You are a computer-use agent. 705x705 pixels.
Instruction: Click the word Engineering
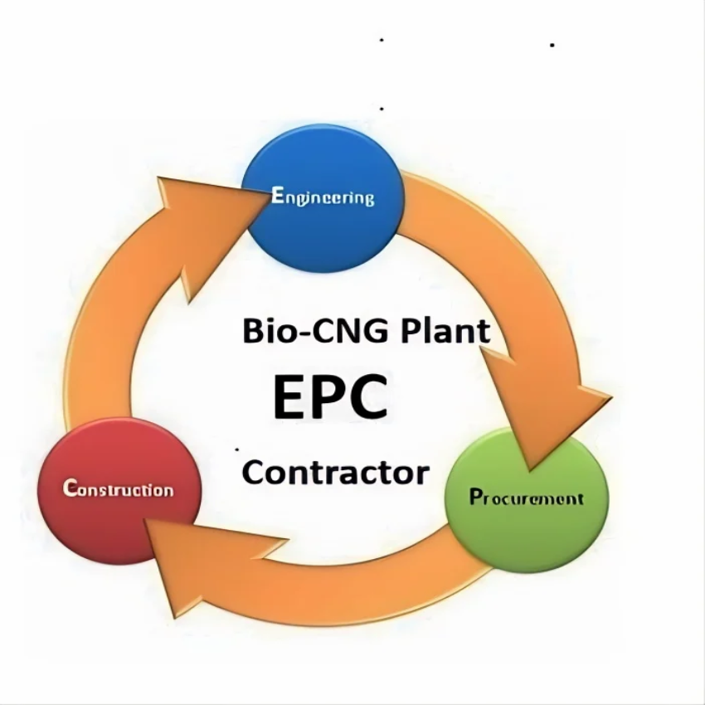tap(323, 197)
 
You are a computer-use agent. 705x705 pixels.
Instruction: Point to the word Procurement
tap(527, 498)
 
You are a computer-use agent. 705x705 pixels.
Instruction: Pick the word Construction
tap(119, 489)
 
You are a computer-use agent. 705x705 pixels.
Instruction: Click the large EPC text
tap(330, 396)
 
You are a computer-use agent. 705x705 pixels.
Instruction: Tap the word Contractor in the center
tap(336, 473)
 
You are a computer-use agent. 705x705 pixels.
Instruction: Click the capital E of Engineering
tap(277, 196)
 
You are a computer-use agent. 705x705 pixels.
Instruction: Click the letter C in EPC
tap(365, 396)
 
